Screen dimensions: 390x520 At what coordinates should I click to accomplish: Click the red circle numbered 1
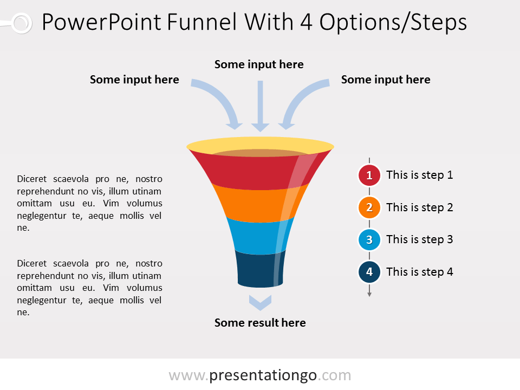pos(369,175)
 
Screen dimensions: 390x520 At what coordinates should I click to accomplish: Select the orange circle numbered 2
pos(369,207)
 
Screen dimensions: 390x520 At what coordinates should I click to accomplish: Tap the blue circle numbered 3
pos(369,239)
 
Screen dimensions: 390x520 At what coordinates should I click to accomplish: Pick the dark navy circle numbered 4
pos(369,272)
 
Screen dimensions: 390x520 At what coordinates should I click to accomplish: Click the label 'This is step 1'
pos(419,175)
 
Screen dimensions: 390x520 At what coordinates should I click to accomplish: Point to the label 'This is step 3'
pos(419,239)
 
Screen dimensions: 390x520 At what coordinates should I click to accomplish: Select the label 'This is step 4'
pos(419,272)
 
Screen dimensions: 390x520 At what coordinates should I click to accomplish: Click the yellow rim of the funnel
pos(260,145)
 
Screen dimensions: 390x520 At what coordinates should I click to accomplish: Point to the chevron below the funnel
pos(260,302)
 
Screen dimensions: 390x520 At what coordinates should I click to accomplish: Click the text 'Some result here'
pos(260,323)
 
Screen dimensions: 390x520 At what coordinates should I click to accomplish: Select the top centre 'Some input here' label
pos(259,64)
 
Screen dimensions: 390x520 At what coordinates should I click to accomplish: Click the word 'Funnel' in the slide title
pos(203,22)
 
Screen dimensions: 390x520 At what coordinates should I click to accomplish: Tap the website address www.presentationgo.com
pos(260,375)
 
